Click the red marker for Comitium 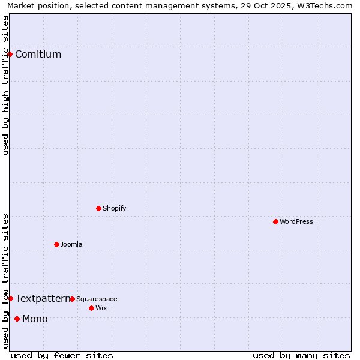10,55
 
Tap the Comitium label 38,55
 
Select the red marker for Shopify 98,209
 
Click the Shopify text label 114,209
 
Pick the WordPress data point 275,222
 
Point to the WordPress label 296,222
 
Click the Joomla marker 56,245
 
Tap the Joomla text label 71,245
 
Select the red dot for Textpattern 10,299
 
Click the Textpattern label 42,299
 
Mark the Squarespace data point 72,299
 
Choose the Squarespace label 97,299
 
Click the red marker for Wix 91,308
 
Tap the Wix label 101,308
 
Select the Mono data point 17,319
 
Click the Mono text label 35,319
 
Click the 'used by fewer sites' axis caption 62,356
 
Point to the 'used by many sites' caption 301,356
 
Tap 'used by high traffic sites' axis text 5,85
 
